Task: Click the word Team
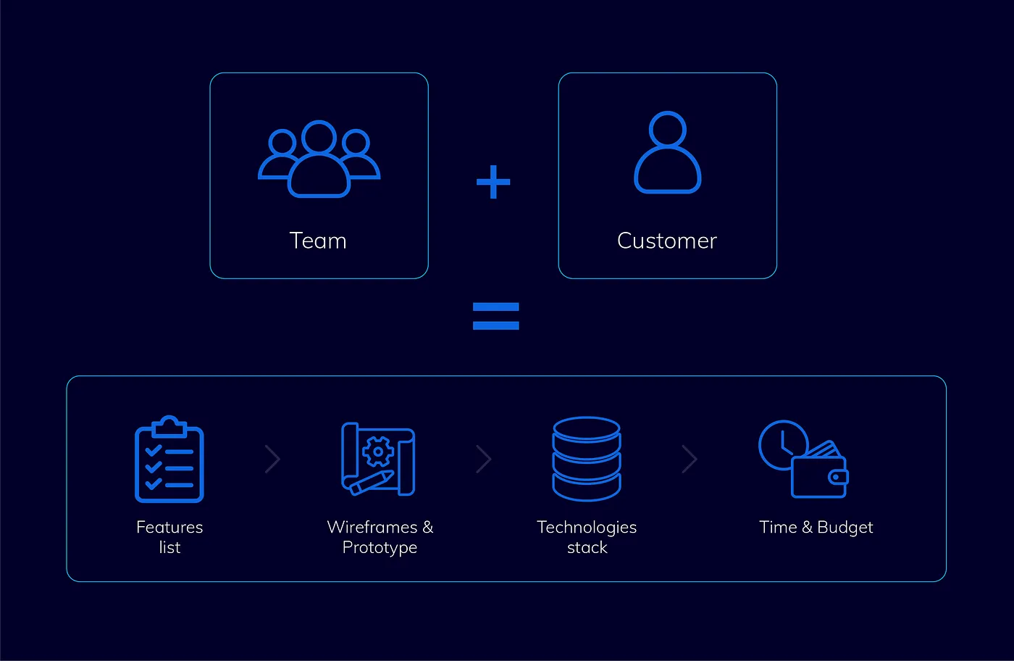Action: click(318, 241)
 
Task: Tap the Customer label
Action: click(667, 241)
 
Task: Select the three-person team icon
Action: click(319, 159)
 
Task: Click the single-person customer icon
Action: click(667, 153)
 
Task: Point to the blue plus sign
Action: click(493, 182)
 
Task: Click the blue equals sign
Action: click(495, 316)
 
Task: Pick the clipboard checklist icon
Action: click(169, 460)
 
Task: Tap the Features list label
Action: click(169, 536)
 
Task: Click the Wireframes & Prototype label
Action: click(380, 536)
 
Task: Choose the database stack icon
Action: click(587, 458)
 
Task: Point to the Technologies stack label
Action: click(587, 536)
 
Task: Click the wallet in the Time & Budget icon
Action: click(819, 475)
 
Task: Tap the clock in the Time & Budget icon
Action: click(782, 444)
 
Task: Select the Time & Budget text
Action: click(816, 527)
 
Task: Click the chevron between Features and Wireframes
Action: click(273, 459)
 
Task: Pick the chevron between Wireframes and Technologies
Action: click(484, 459)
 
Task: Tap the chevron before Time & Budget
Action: click(690, 459)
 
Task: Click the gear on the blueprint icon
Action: click(377, 452)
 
